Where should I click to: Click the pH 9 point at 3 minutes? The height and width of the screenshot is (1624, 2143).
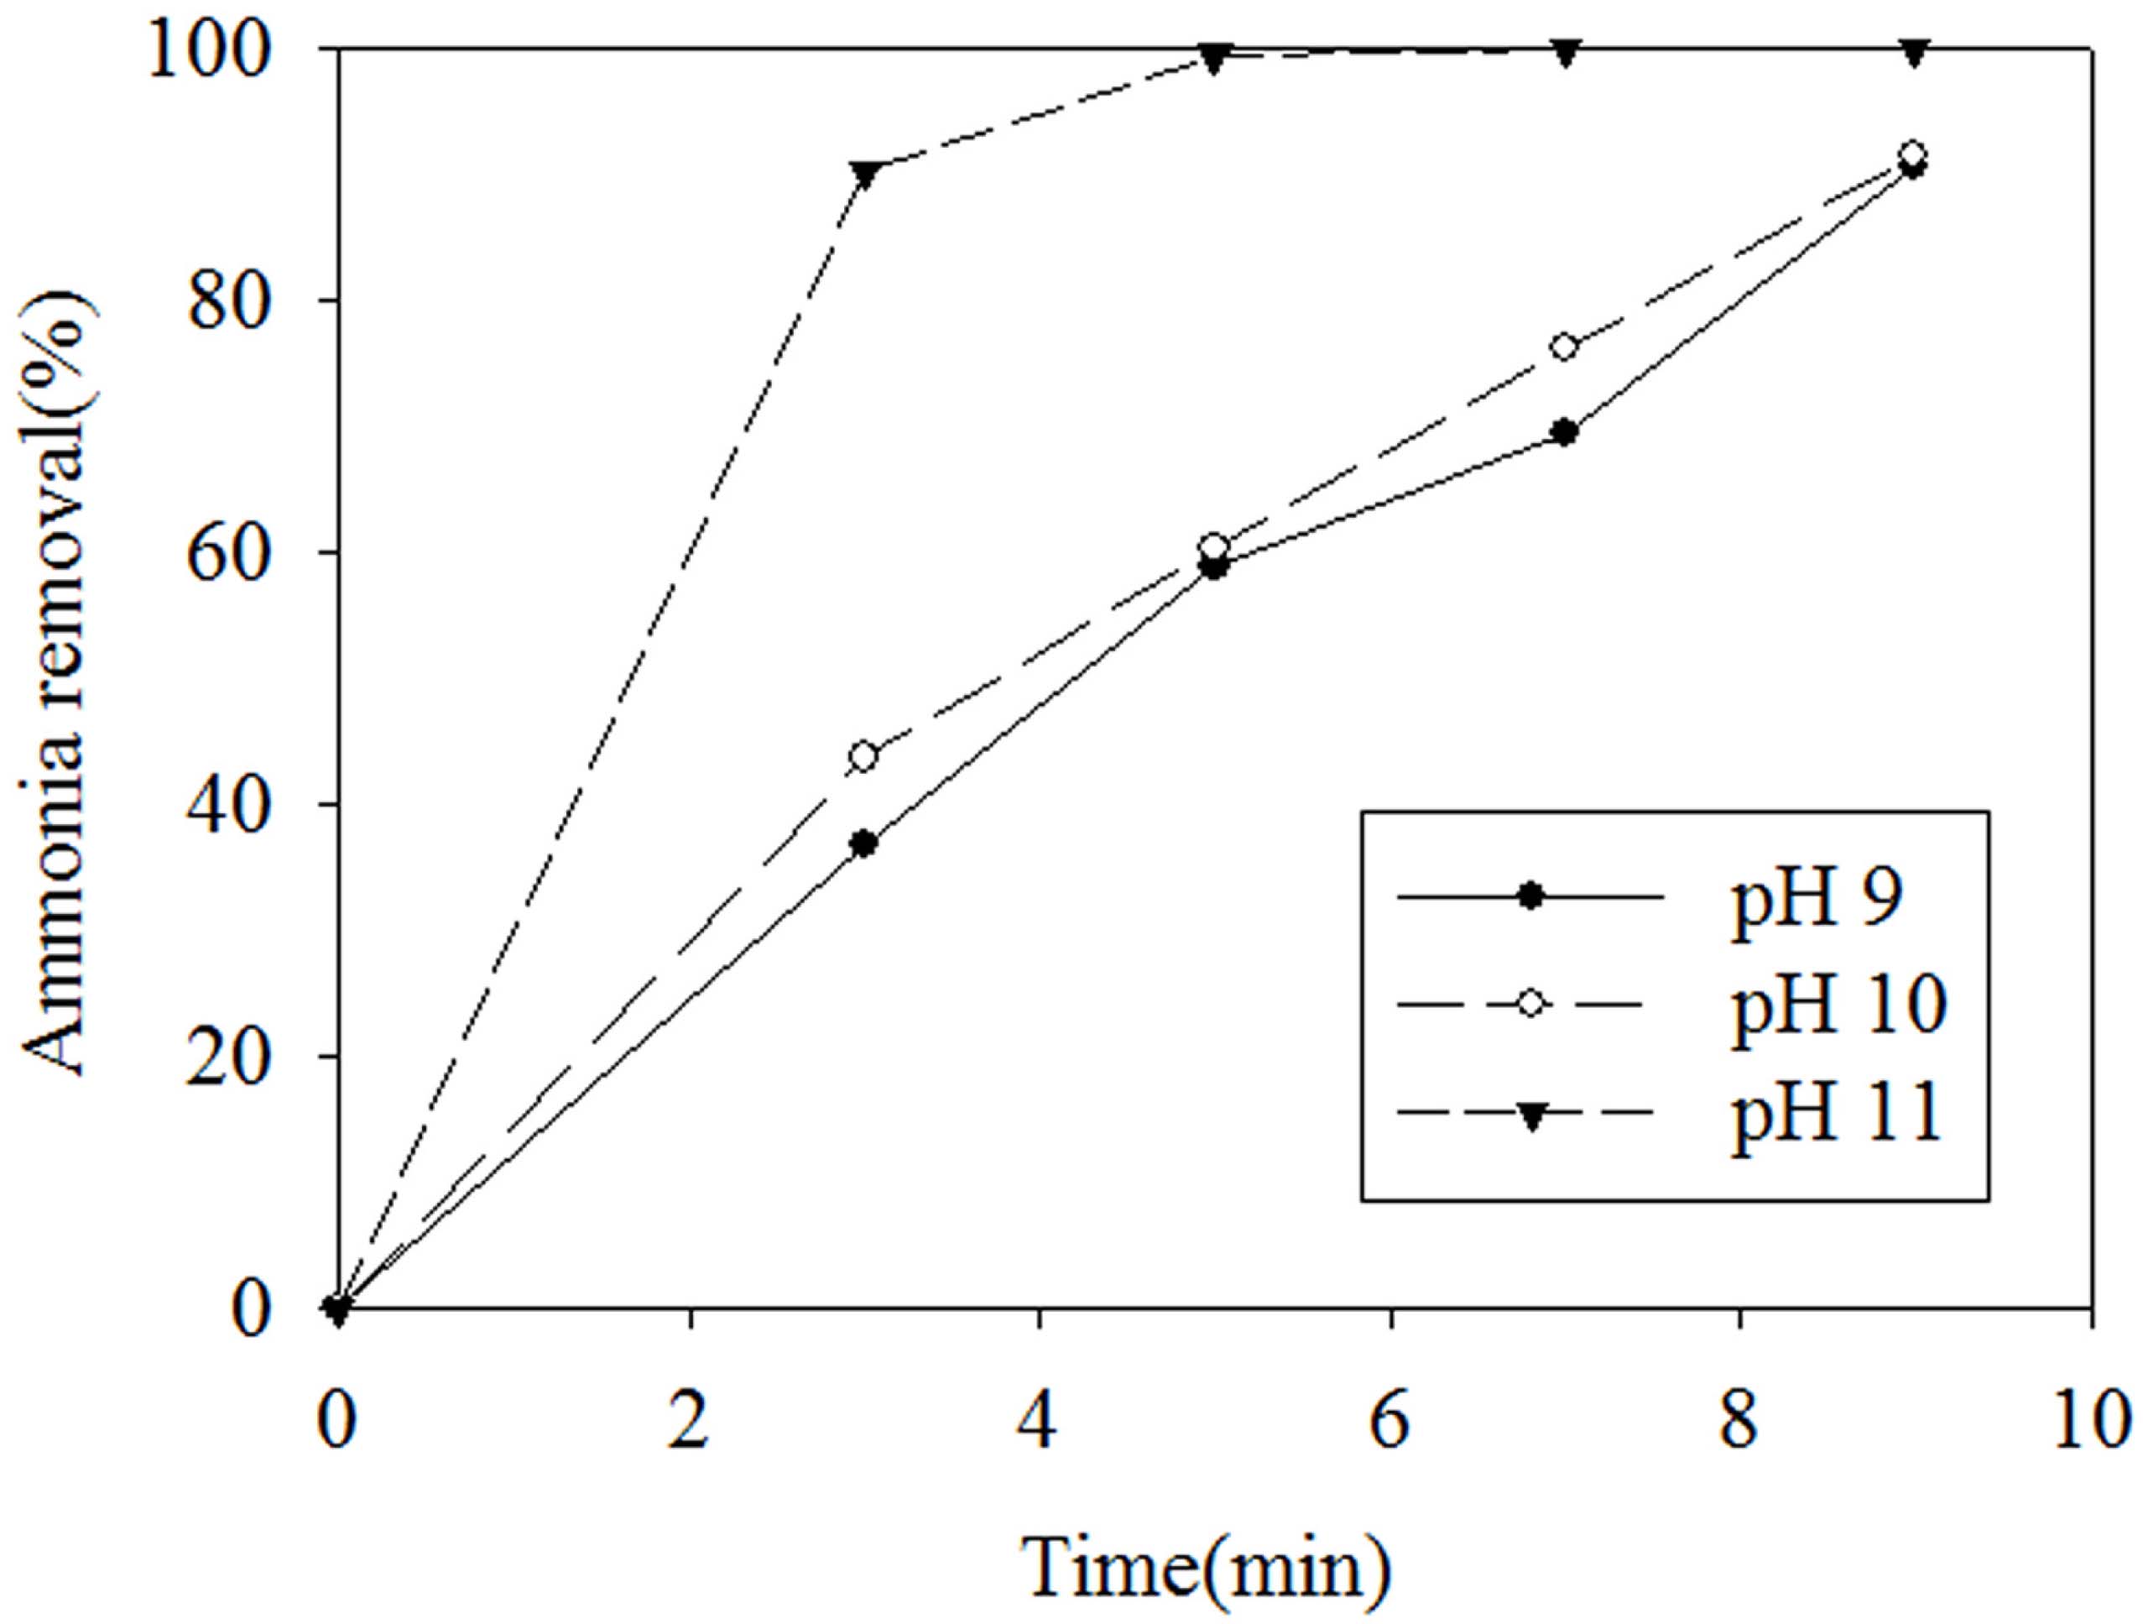864,843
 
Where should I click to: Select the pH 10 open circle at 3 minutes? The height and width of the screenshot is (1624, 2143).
864,756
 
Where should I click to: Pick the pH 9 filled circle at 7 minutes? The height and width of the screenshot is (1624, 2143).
1565,432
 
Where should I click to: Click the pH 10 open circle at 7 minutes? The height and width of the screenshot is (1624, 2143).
1565,347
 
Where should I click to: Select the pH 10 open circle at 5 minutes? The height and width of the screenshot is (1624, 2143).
1214,546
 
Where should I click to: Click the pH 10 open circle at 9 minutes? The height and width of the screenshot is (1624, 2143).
1912,155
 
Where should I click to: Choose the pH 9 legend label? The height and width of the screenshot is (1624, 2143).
1817,898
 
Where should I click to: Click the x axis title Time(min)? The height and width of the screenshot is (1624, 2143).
1210,1567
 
